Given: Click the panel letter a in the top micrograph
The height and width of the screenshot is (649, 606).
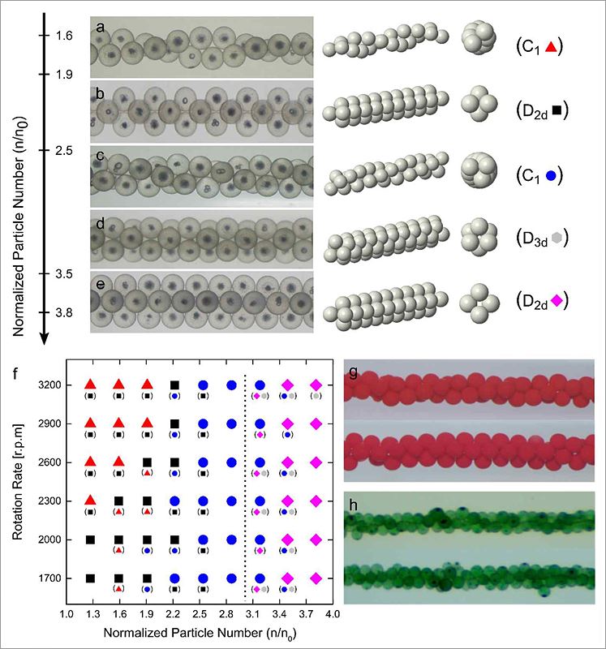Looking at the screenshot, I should (100, 28).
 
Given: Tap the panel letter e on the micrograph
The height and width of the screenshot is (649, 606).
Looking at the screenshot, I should (100, 283).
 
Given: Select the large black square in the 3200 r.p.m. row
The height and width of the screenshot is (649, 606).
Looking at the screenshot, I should (174, 385).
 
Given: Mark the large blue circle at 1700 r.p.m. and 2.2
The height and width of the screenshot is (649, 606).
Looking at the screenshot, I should (174, 578).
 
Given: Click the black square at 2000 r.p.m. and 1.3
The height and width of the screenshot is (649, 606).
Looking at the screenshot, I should (91, 539).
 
